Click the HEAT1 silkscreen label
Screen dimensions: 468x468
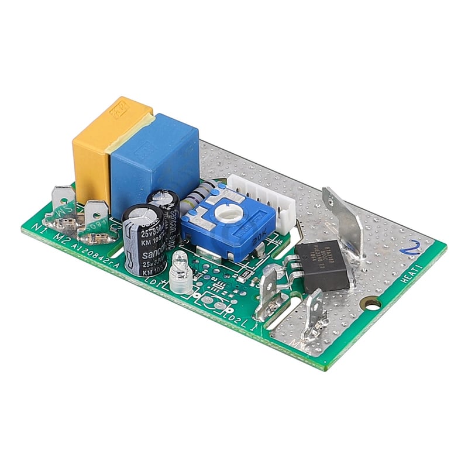416,274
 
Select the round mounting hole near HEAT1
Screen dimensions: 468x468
370,304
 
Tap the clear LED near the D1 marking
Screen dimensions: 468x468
180,275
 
